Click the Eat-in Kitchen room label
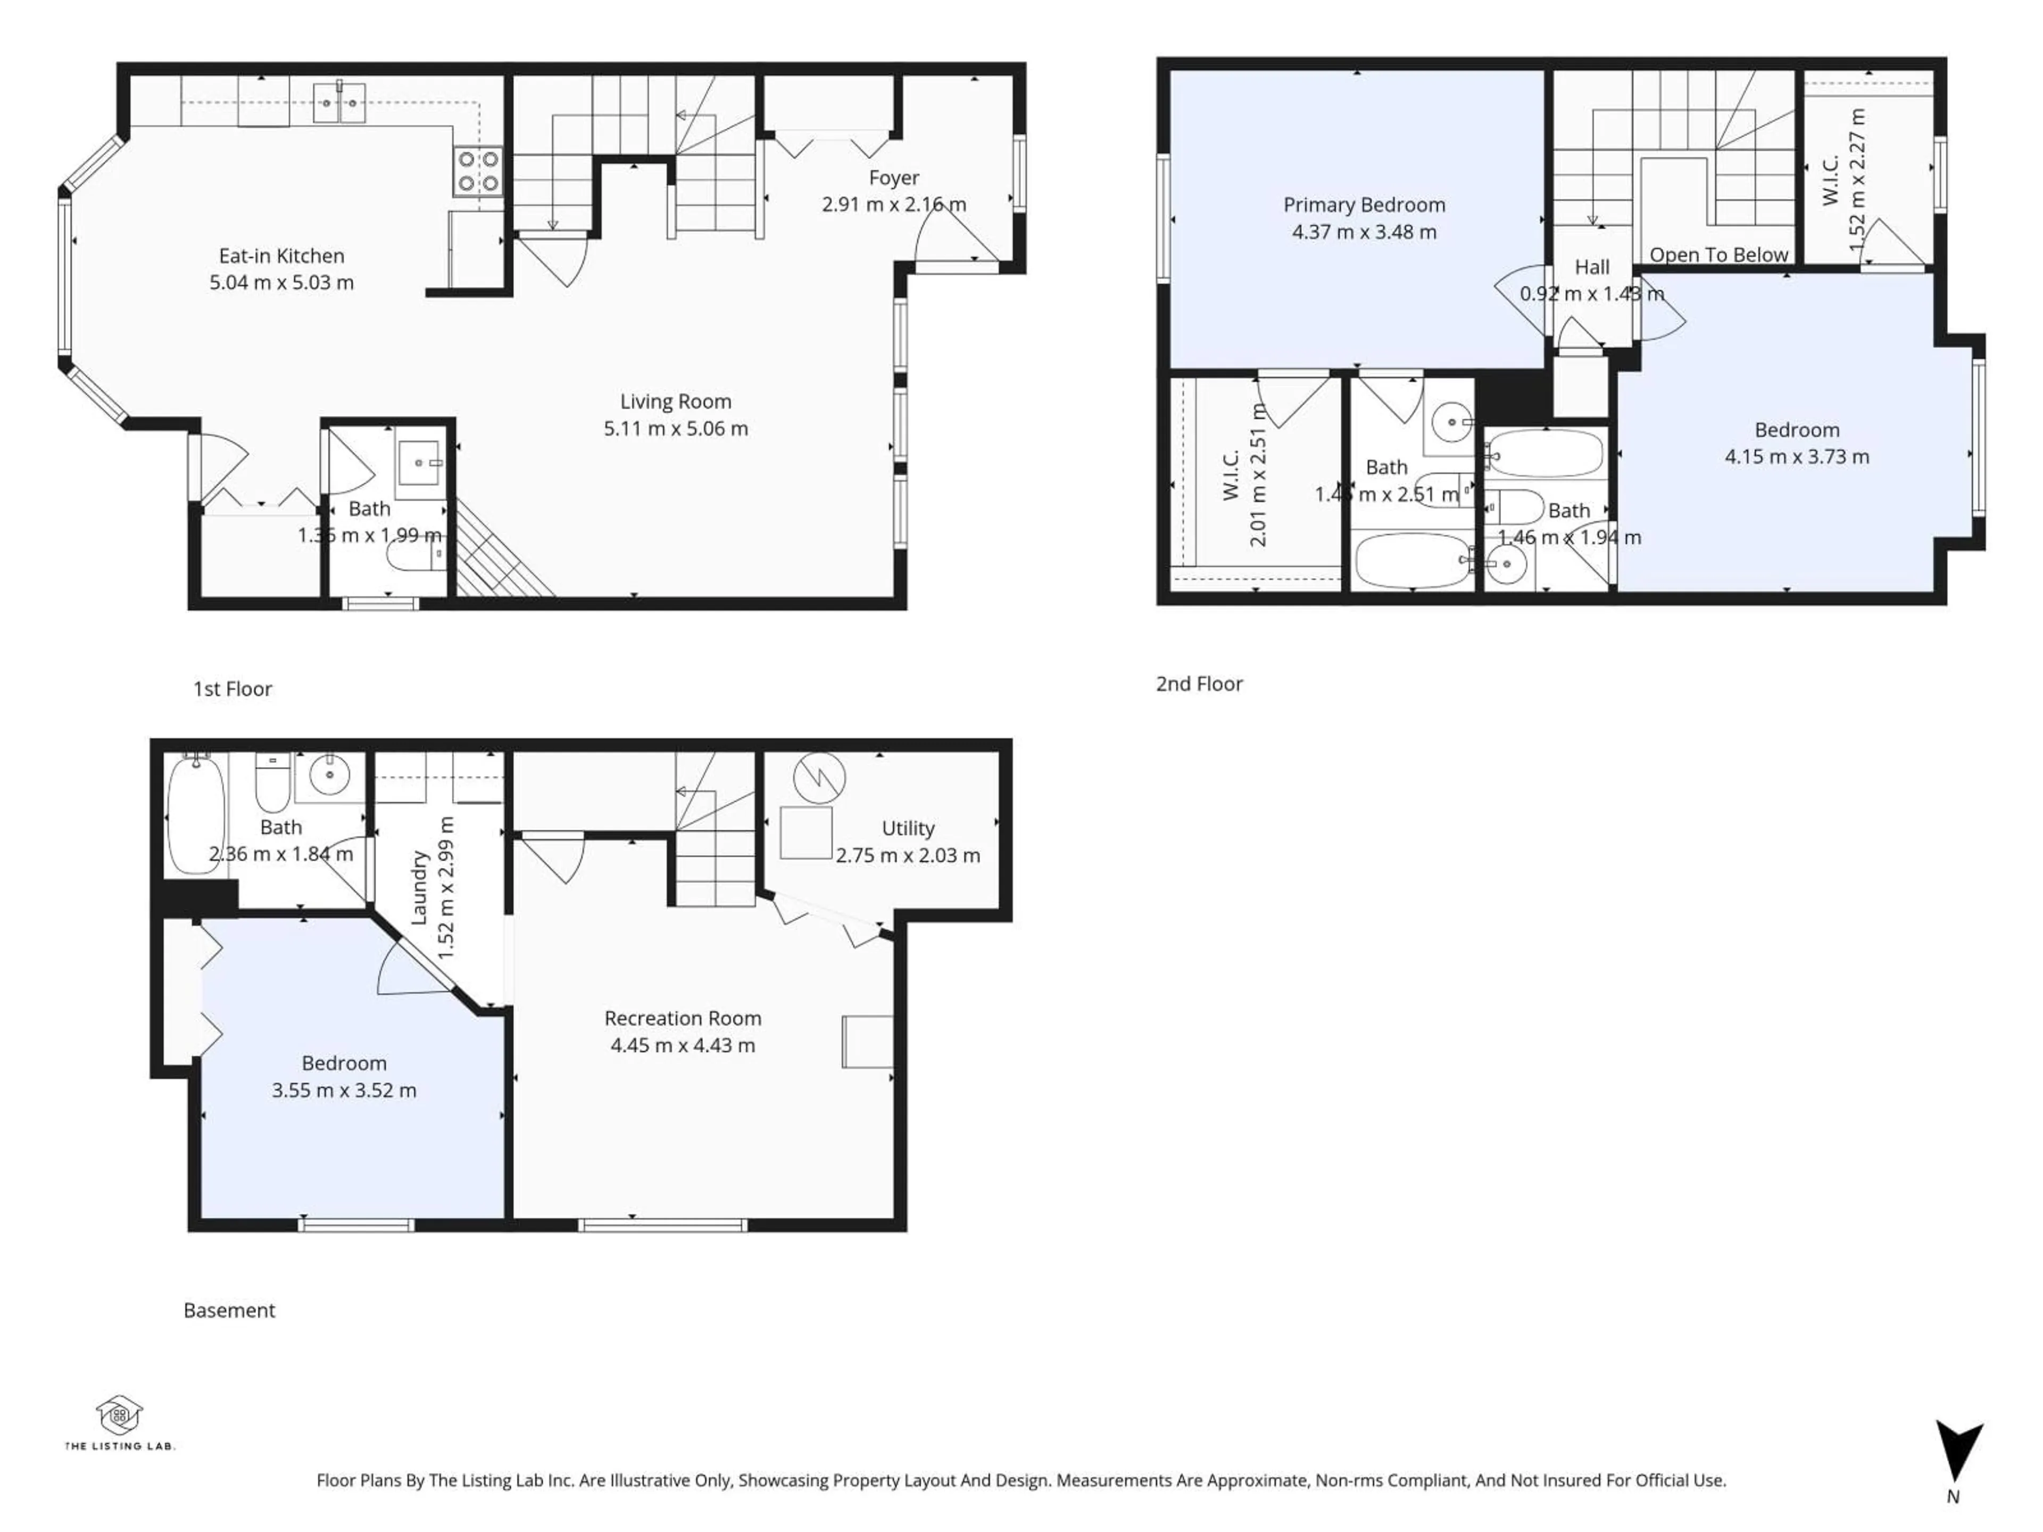(x=281, y=256)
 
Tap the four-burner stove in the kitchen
(x=478, y=172)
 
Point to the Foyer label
(x=893, y=177)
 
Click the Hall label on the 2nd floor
(x=1591, y=267)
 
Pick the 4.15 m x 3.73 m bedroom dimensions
(x=1796, y=457)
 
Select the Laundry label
(x=418, y=887)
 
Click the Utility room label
(x=907, y=828)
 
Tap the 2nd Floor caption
(x=1199, y=684)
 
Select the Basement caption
(x=229, y=1310)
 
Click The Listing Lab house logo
(x=119, y=1415)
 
